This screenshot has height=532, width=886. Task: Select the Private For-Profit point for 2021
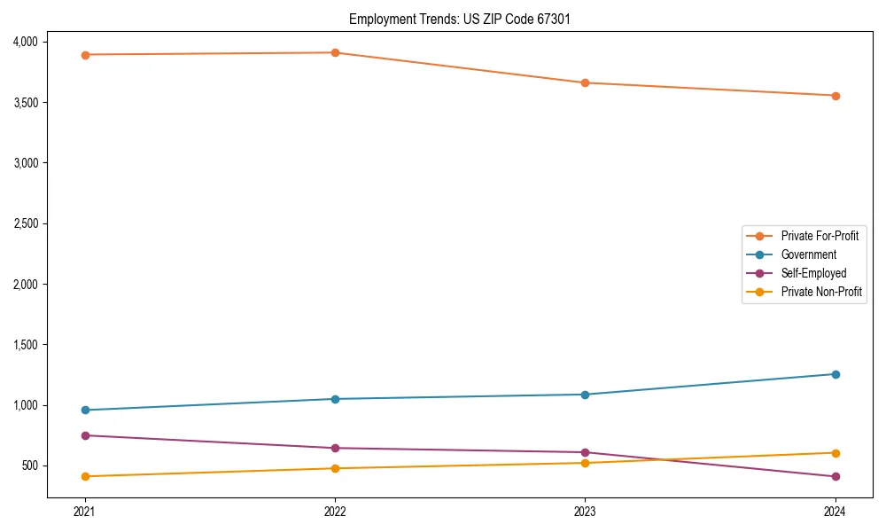(85, 55)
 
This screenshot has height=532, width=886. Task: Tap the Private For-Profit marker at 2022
(335, 53)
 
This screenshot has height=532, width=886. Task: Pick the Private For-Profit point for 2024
(835, 96)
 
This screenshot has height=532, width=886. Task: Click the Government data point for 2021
(85, 410)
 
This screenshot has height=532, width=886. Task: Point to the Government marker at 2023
(585, 395)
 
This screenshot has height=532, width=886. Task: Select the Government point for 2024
(835, 374)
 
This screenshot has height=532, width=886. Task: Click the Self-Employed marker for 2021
(85, 435)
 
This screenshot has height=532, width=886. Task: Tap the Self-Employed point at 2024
(835, 477)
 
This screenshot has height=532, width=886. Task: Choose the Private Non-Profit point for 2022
(335, 468)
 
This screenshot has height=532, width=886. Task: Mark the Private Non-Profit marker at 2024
(835, 453)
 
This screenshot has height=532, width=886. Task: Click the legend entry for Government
(808, 254)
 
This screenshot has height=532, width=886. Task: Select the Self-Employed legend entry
(813, 273)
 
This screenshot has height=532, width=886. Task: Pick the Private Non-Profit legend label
(821, 292)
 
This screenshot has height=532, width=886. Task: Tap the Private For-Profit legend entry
(820, 236)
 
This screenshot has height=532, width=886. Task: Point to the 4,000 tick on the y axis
(25, 42)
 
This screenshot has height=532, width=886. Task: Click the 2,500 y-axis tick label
(25, 223)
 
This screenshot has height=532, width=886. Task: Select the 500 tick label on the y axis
(29, 465)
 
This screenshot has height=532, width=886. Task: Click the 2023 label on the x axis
(585, 511)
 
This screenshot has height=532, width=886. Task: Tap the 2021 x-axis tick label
(85, 511)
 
